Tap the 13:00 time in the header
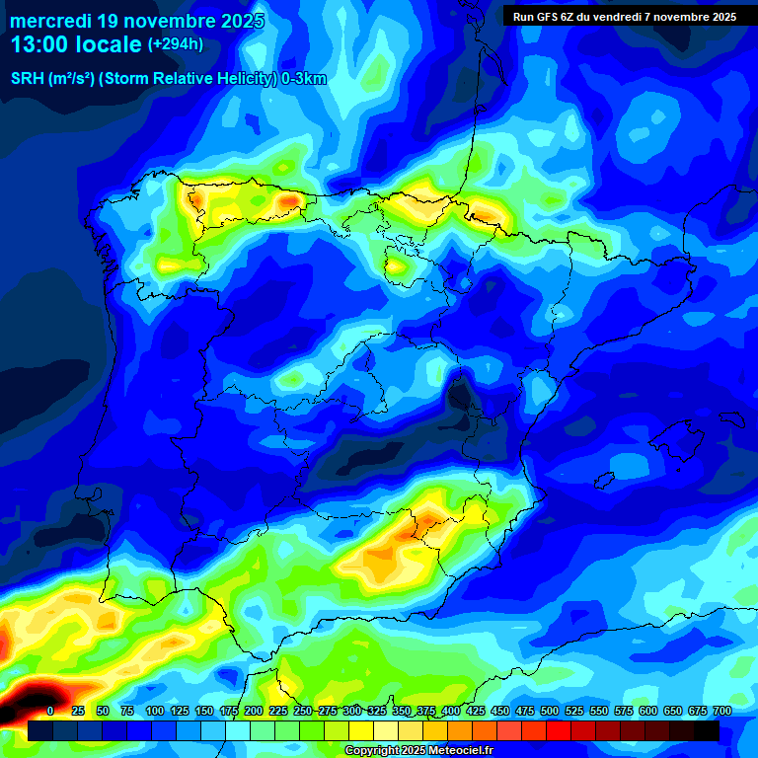41,44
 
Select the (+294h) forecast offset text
175,44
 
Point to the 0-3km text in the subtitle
303,79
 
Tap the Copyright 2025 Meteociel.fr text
418,750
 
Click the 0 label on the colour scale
50,711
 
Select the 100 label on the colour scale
154,711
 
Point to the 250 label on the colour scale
302,711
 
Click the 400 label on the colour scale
450,711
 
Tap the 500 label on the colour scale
549,711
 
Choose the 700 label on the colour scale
721,711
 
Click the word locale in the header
107,44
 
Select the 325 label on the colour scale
376,711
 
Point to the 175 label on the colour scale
228,711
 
